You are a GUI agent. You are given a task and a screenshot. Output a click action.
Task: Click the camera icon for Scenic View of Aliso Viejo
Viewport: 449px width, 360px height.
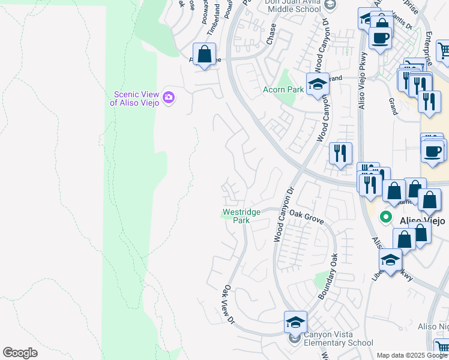click(x=169, y=97)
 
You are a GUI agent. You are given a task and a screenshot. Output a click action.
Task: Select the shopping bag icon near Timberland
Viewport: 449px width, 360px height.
click(x=204, y=54)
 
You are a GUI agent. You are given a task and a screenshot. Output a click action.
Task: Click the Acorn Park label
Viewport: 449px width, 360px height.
click(x=283, y=90)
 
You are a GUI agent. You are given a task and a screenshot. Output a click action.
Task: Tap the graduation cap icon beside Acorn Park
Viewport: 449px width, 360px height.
click(x=318, y=84)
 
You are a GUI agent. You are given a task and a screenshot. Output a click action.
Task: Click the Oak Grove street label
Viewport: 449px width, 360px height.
click(x=306, y=216)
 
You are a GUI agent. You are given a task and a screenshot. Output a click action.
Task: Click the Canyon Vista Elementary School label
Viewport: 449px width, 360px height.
click(x=334, y=339)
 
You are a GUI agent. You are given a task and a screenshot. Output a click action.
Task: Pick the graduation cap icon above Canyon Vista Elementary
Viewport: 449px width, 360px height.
click(x=295, y=322)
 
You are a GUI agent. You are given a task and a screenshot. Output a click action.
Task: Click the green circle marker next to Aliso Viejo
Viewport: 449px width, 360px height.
click(x=387, y=219)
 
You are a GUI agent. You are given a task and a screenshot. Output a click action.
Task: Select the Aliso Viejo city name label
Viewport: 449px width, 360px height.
click(x=423, y=221)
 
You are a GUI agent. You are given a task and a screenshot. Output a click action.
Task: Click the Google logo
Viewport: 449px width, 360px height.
click(x=20, y=353)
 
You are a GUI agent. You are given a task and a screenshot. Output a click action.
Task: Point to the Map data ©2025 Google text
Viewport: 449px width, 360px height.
click(x=411, y=355)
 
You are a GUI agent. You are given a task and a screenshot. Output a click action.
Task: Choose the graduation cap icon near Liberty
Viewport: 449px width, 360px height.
click(x=390, y=260)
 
